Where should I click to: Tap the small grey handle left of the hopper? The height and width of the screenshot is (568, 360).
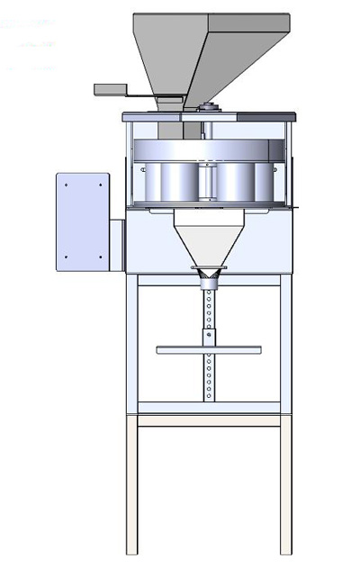coord(112,89)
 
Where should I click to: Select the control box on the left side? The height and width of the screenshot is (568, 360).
coord(83,221)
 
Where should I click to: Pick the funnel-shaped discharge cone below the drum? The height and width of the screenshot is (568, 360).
coord(209,243)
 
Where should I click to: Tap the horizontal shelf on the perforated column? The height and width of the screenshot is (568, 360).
coord(209,349)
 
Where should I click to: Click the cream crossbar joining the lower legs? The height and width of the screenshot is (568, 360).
coord(209,419)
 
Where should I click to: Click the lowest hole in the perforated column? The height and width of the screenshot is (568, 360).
coord(209,393)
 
